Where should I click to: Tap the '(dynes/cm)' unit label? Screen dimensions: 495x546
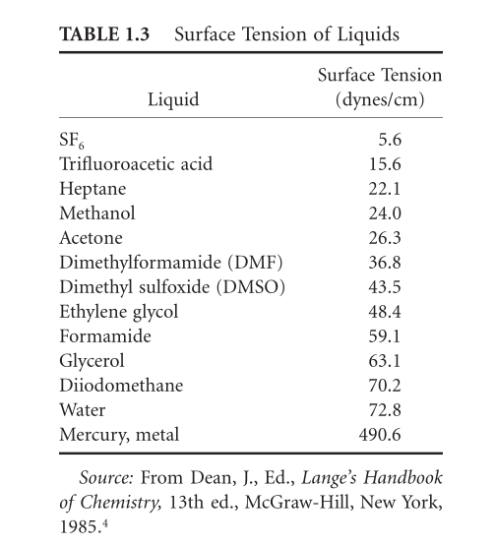point(379,99)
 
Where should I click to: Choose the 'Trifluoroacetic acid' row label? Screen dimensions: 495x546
point(136,163)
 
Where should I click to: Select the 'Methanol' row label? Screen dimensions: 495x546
point(97,212)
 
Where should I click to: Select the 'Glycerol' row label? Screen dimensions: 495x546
point(93,359)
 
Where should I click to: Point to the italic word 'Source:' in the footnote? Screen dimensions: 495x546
point(104,479)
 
